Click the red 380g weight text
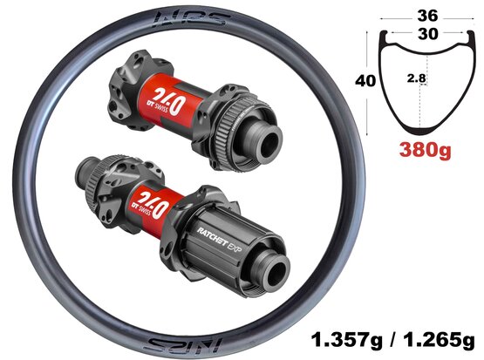pyautogui.click(x=425, y=151)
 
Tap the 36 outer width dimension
pyautogui.click(x=427, y=16)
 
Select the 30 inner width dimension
pyautogui.click(x=428, y=34)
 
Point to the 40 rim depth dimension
pyautogui.click(x=365, y=81)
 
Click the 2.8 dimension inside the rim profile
pyautogui.click(x=416, y=78)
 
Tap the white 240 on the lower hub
pyautogui.click(x=153, y=203)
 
